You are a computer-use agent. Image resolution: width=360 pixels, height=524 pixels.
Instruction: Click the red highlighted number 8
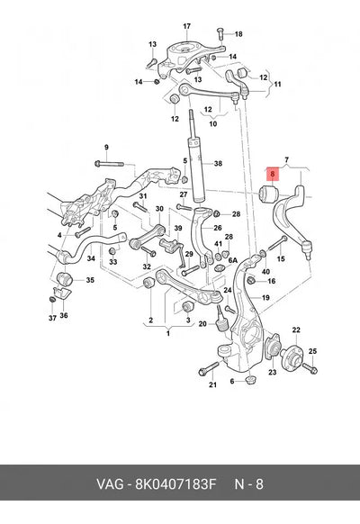tap(273, 174)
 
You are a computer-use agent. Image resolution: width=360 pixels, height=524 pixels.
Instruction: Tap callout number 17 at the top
tap(186, 26)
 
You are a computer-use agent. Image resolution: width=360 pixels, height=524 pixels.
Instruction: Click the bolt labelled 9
tap(109, 164)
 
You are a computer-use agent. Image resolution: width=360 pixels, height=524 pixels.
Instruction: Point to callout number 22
tap(296, 330)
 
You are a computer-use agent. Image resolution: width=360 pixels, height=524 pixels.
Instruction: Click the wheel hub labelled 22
tap(292, 357)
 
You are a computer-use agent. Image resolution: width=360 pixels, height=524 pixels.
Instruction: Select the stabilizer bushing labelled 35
tap(65, 279)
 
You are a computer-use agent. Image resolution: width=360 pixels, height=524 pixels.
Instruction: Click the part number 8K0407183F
tap(175, 484)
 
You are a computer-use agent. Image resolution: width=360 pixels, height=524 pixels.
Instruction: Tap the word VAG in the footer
tap(110, 484)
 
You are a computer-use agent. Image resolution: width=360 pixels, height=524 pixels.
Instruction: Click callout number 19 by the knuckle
tap(265, 297)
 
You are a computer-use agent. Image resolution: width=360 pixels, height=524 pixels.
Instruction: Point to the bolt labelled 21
tap(208, 368)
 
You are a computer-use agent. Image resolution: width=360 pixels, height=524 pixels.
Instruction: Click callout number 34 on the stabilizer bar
tap(91, 258)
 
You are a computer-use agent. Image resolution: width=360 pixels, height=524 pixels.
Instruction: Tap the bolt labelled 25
tap(310, 368)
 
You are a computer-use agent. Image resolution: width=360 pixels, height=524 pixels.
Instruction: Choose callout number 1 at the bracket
tap(168, 333)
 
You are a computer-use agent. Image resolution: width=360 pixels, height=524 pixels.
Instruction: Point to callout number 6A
tap(233, 260)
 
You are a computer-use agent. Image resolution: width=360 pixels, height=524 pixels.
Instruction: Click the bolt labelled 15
tap(277, 244)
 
